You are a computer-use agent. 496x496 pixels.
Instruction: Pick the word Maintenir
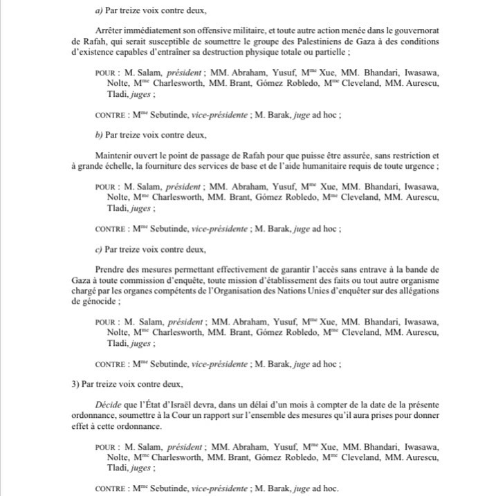(112, 156)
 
